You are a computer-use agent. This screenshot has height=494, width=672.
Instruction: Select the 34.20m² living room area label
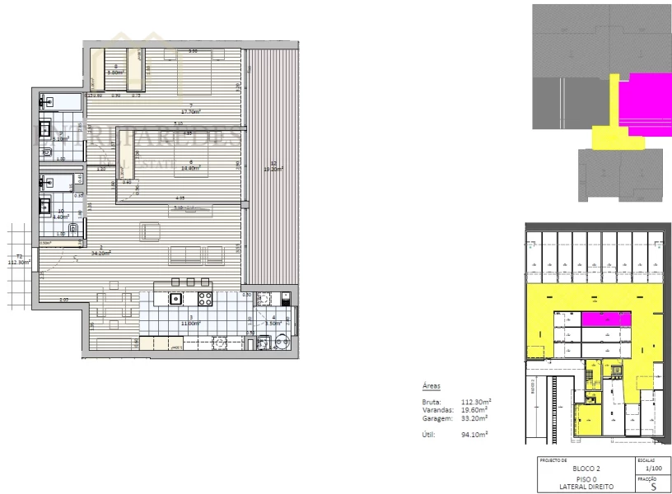101,253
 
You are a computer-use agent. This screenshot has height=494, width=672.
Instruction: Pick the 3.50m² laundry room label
273,322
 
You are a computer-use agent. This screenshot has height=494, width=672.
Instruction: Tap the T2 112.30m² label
18,260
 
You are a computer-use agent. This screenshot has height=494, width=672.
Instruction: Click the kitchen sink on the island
175,299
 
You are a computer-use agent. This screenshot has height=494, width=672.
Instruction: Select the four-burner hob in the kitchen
204,298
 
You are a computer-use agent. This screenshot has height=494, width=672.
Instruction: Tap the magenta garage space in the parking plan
606,319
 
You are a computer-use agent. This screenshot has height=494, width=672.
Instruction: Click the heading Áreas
432,384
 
